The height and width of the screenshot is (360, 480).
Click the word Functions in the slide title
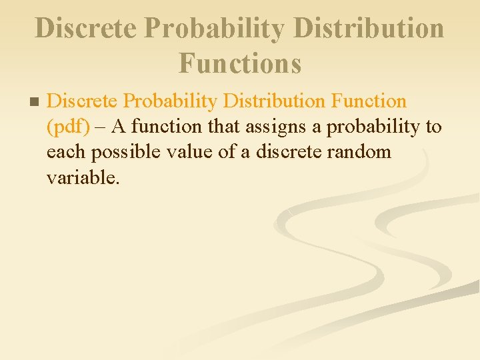[x=240, y=63]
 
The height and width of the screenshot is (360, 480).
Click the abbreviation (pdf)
[x=67, y=127]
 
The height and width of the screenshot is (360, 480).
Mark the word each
[x=66, y=152]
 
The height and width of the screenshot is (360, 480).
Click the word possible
[x=124, y=153]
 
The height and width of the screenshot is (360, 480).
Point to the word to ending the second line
[x=432, y=127]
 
